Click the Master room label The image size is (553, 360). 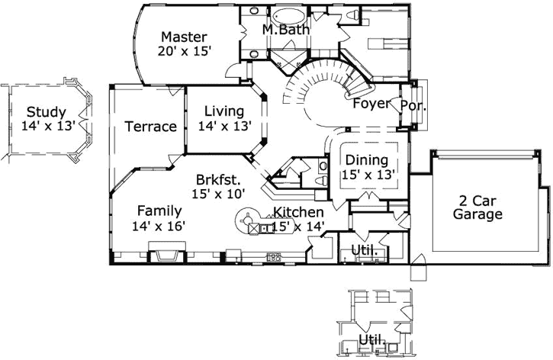[x=184, y=37]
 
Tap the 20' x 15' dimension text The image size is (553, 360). [x=184, y=51]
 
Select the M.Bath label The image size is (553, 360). [x=285, y=30]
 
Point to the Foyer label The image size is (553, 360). [x=371, y=103]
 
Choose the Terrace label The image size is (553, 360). [x=150, y=127]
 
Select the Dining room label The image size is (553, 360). [x=367, y=161]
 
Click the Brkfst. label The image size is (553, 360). [x=217, y=180]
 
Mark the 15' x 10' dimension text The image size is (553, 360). [x=217, y=194]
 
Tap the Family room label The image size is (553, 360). [x=159, y=211]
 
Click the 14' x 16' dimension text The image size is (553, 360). [x=159, y=226]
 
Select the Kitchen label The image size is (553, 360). [x=298, y=212]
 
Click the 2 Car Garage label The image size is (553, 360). [x=478, y=207]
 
